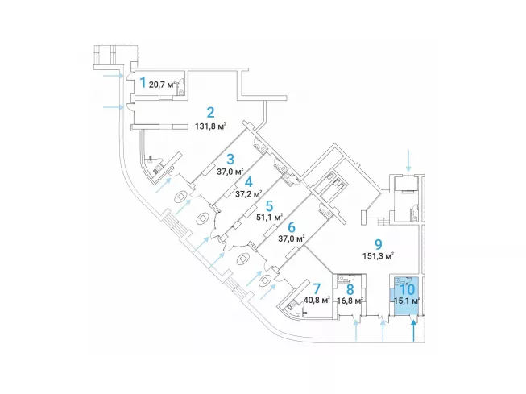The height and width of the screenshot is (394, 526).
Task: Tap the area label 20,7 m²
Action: tap(163, 83)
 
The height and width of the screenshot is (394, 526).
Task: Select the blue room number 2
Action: tap(210, 112)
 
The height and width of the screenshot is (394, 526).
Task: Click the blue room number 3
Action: tap(230, 159)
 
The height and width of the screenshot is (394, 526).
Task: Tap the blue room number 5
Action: tap(270, 205)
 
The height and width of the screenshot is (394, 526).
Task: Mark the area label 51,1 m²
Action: tap(269, 217)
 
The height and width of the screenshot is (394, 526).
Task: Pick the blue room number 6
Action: tap(290, 227)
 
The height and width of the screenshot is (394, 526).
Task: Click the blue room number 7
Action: tap(316, 288)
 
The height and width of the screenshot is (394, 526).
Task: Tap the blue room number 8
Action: tap(350, 288)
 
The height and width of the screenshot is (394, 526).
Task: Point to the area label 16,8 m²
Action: tap(350, 301)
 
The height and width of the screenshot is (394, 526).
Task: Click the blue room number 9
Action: tap(377, 243)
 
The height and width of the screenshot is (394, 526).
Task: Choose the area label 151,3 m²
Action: tap(378, 255)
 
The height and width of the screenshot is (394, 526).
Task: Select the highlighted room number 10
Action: tap(408, 288)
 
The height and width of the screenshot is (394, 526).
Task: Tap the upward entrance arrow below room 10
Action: tap(414, 330)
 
